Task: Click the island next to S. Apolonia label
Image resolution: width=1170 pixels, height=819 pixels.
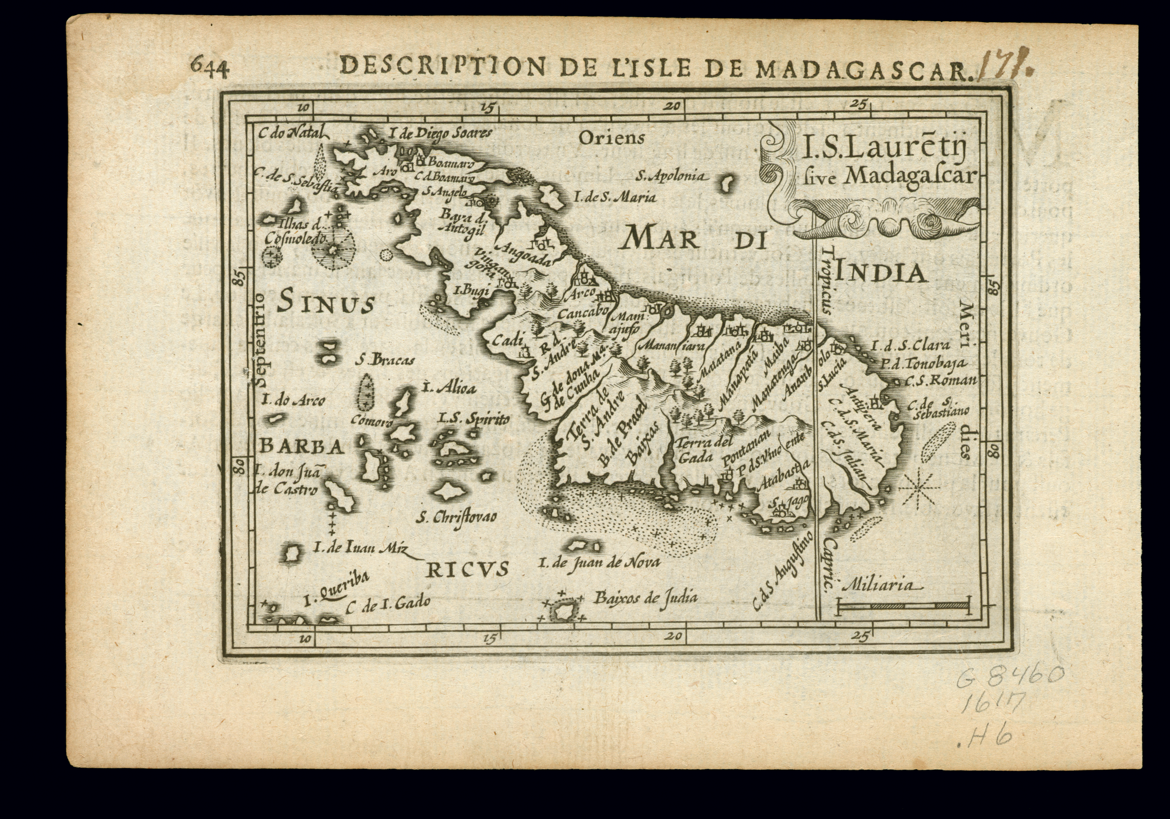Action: pyautogui.click(x=726, y=184)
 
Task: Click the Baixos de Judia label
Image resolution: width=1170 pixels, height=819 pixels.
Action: pyautogui.click(x=645, y=597)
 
